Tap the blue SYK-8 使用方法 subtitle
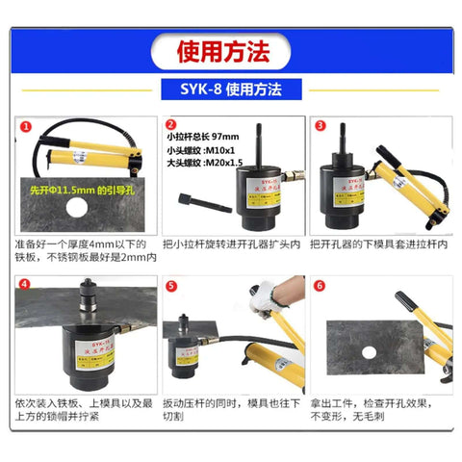230,90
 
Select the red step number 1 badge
25,126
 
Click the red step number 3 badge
321,125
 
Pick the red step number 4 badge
25,286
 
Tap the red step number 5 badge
171,286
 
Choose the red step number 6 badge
321,286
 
